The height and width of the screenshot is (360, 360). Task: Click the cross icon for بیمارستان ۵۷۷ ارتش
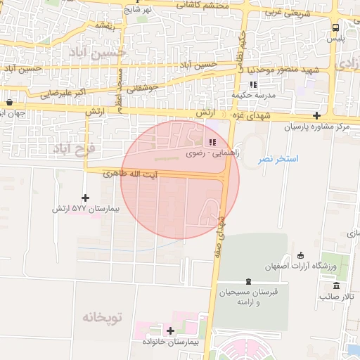86,198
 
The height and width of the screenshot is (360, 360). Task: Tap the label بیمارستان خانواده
171,342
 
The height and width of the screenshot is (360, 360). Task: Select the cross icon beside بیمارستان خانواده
170,330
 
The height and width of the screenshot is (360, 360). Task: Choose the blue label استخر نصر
277,160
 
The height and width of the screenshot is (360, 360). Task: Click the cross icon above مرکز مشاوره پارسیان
317,115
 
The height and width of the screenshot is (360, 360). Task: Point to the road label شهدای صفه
221,228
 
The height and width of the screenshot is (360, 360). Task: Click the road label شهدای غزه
239,115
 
